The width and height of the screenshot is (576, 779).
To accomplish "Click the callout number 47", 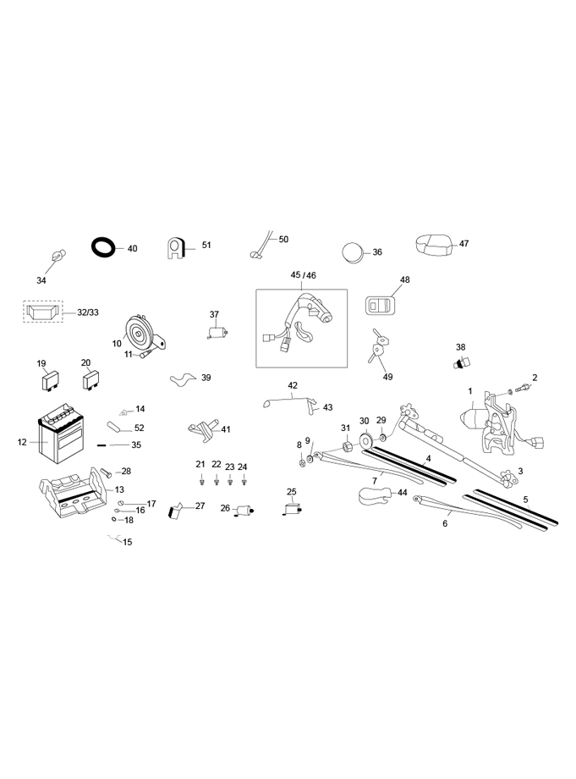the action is click(464, 244).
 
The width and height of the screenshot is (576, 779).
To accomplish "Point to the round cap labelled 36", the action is click(353, 252).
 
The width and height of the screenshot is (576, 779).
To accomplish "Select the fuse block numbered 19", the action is click(50, 382).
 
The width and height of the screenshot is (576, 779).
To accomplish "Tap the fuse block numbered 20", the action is click(92, 380).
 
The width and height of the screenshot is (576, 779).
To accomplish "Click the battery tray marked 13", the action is click(74, 492).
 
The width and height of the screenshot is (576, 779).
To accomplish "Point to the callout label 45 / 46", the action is click(303, 275).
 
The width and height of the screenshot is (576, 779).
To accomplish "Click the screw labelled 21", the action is click(201, 482).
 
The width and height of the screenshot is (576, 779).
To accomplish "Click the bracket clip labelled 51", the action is click(174, 248).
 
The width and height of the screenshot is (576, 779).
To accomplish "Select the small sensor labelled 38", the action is click(462, 363).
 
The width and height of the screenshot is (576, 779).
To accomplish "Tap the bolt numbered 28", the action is click(107, 472).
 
